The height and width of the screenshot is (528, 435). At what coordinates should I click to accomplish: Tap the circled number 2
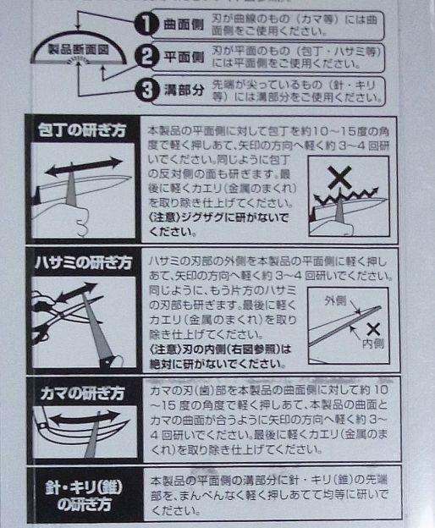(148, 58)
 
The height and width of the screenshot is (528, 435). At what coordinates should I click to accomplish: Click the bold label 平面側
(179, 58)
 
